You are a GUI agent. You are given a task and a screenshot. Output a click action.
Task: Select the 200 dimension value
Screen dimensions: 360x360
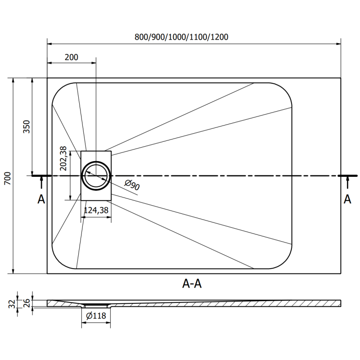tap(71, 57)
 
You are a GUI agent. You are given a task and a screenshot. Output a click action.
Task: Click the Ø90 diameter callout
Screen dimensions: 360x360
tap(131, 185)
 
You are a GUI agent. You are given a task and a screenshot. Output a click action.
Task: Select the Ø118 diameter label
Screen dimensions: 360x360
tap(95, 316)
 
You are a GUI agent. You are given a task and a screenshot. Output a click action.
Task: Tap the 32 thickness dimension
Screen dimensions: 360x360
tap(12, 304)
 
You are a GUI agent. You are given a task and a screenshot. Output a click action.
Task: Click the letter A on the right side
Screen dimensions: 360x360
tap(347, 199)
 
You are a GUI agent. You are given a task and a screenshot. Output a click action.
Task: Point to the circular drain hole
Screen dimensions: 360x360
tap(95, 175)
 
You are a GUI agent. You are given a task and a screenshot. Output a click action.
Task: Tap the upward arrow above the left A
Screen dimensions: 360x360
tap(41, 182)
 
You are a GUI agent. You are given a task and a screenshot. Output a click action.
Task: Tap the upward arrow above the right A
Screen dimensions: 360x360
tap(347, 182)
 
